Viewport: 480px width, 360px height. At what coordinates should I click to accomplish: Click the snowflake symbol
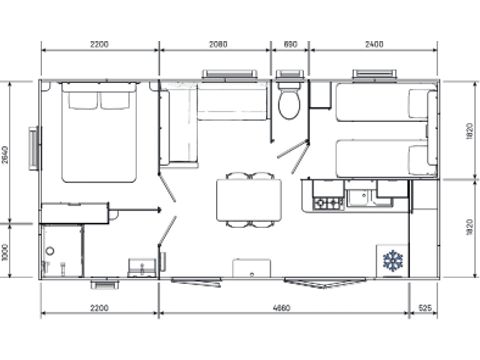tap(392, 261)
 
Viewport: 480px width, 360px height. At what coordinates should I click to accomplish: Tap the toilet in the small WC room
tap(290, 103)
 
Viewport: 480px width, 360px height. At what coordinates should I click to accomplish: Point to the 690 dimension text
tap(291, 44)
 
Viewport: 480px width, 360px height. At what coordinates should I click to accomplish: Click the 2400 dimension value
tap(373, 44)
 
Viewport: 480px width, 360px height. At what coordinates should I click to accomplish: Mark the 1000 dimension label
tap(6, 251)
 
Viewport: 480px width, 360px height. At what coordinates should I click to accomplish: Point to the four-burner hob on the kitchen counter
tap(328, 203)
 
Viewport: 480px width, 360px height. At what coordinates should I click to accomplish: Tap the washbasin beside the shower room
tap(142, 268)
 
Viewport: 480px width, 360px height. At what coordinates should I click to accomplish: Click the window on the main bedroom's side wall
tap(36, 149)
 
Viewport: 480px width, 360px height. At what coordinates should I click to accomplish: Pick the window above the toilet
tap(290, 75)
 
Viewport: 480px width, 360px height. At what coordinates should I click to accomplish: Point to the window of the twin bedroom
tap(372, 75)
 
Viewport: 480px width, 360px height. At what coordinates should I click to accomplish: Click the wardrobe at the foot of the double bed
tap(73, 212)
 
